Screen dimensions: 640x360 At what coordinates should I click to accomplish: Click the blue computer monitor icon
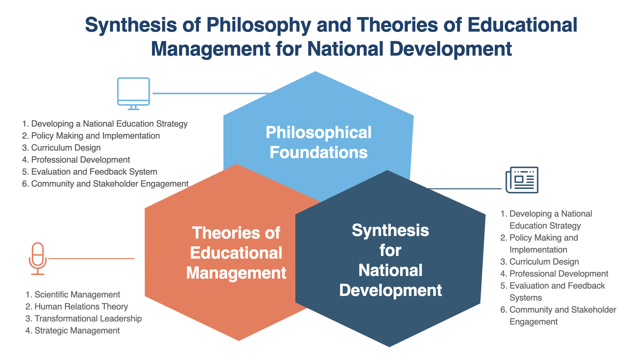pyautogui.click(x=133, y=94)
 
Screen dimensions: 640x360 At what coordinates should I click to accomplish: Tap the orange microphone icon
pyautogui.click(x=38, y=259)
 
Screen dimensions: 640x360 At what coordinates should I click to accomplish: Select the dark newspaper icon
pyautogui.click(x=522, y=180)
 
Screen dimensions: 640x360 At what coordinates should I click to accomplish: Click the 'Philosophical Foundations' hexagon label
pyautogui.click(x=318, y=142)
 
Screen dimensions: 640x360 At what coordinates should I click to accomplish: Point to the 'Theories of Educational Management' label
pyautogui.click(x=236, y=253)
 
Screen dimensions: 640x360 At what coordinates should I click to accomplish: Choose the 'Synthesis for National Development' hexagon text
pyautogui.click(x=391, y=260)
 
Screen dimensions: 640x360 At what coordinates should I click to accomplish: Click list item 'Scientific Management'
pyautogui.click(x=73, y=295)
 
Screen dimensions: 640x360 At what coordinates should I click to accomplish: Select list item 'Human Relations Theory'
pyautogui.click(x=77, y=307)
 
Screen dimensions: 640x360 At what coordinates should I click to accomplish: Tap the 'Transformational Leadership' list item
pyautogui.click(x=84, y=319)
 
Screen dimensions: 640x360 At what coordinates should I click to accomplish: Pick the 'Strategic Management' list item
pyautogui.click(x=73, y=331)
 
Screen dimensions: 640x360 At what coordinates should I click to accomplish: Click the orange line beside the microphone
pyautogui.click(x=91, y=259)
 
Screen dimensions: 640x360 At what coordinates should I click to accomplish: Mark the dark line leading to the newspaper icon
pyautogui.click(x=464, y=189)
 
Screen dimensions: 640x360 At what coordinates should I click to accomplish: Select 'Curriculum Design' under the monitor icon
pyautogui.click(x=61, y=148)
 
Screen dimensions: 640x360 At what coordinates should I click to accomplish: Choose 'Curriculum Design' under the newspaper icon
pyautogui.click(x=540, y=262)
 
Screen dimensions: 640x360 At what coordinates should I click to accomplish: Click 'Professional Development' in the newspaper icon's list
pyautogui.click(x=554, y=274)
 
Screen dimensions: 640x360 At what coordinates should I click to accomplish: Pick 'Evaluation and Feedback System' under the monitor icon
pyautogui.click(x=90, y=172)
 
